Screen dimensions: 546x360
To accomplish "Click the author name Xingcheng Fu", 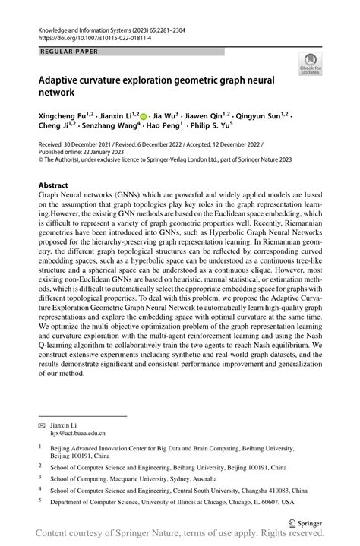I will (64, 116).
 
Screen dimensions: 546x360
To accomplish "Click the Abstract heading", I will (58, 185).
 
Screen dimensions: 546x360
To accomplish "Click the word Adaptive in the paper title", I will (65, 79).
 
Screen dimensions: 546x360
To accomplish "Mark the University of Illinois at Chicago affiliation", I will (175, 502).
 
